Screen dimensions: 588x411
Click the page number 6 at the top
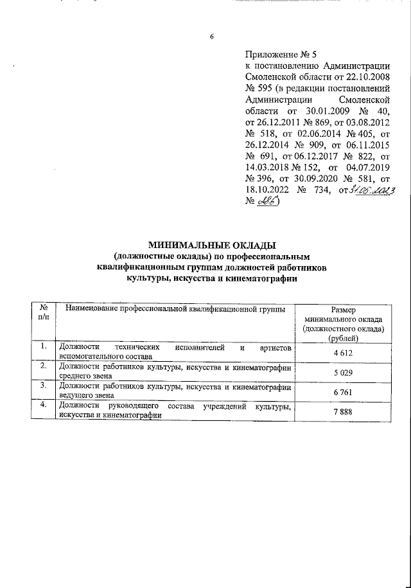point(211,36)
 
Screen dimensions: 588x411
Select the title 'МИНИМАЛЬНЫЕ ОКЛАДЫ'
point(212,245)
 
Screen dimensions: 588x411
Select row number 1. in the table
point(42,347)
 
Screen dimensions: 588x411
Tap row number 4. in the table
point(42,405)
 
